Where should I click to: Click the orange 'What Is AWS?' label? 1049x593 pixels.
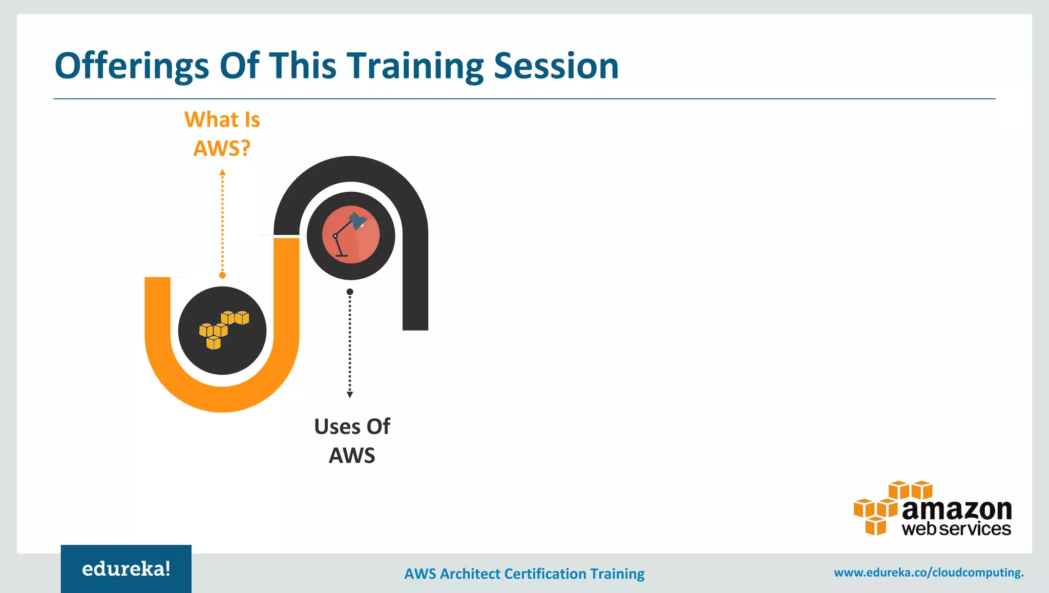[x=222, y=134]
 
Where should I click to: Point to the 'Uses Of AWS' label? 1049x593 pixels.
[x=352, y=441]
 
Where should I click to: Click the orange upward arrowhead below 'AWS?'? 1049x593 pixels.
[x=222, y=173]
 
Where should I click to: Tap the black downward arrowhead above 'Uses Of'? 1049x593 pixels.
[x=350, y=395]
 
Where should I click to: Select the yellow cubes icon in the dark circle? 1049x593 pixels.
[x=223, y=330]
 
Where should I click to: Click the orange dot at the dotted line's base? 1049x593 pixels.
[x=222, y=275]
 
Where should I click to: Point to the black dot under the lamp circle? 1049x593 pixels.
[x=350, y=292]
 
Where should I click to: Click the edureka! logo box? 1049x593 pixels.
[x=126, y=568]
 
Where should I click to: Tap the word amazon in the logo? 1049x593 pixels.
[x=956, y=509]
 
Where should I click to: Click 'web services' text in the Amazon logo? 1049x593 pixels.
[x=956, y=529]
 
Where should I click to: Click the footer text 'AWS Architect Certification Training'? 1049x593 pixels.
[x=524, y=574]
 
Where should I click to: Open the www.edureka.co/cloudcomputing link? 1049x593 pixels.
[x=928, y=572]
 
